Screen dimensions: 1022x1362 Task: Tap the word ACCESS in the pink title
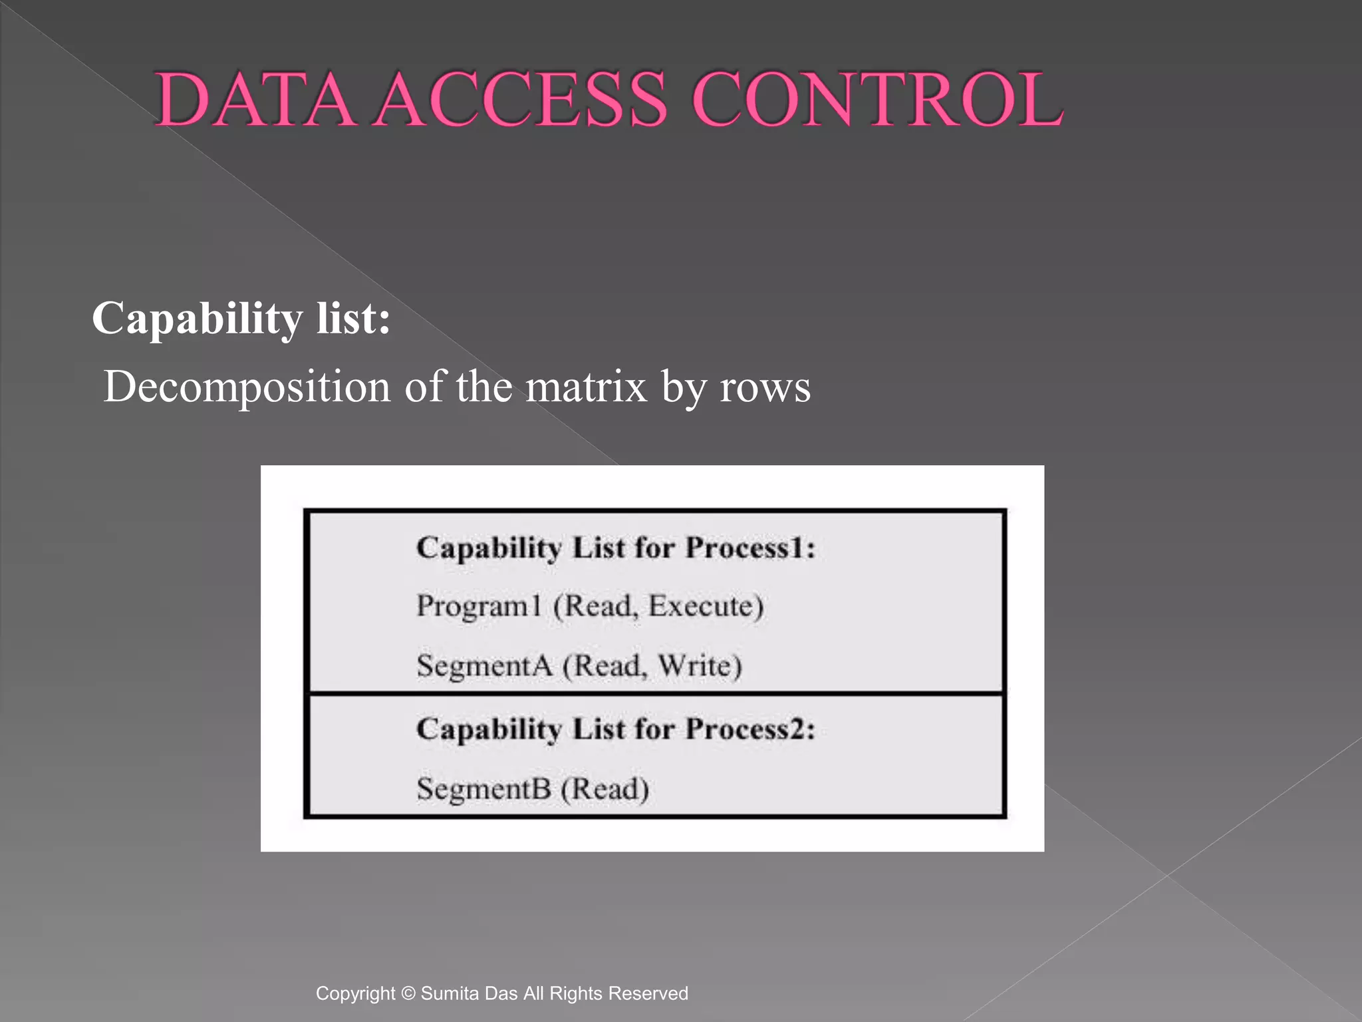point(519,100)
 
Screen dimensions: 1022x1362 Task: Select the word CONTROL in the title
point(878,100)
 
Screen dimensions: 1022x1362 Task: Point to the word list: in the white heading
point(353,318)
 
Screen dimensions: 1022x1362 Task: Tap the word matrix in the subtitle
point(586,386)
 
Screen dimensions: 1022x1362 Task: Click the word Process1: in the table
point(750,548)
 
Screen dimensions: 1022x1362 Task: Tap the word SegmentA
point(484,665)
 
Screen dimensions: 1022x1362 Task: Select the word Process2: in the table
point(750,729)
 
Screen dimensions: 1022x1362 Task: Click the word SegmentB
point(483,789)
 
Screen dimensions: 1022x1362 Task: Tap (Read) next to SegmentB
point(605,790)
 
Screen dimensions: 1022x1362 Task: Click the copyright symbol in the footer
point(409,993)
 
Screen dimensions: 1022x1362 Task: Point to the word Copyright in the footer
point(355,993)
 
